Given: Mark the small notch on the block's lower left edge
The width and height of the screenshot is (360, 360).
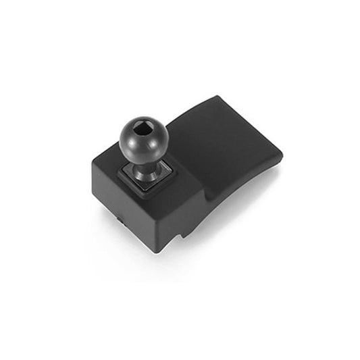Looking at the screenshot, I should (x=119, y=220).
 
